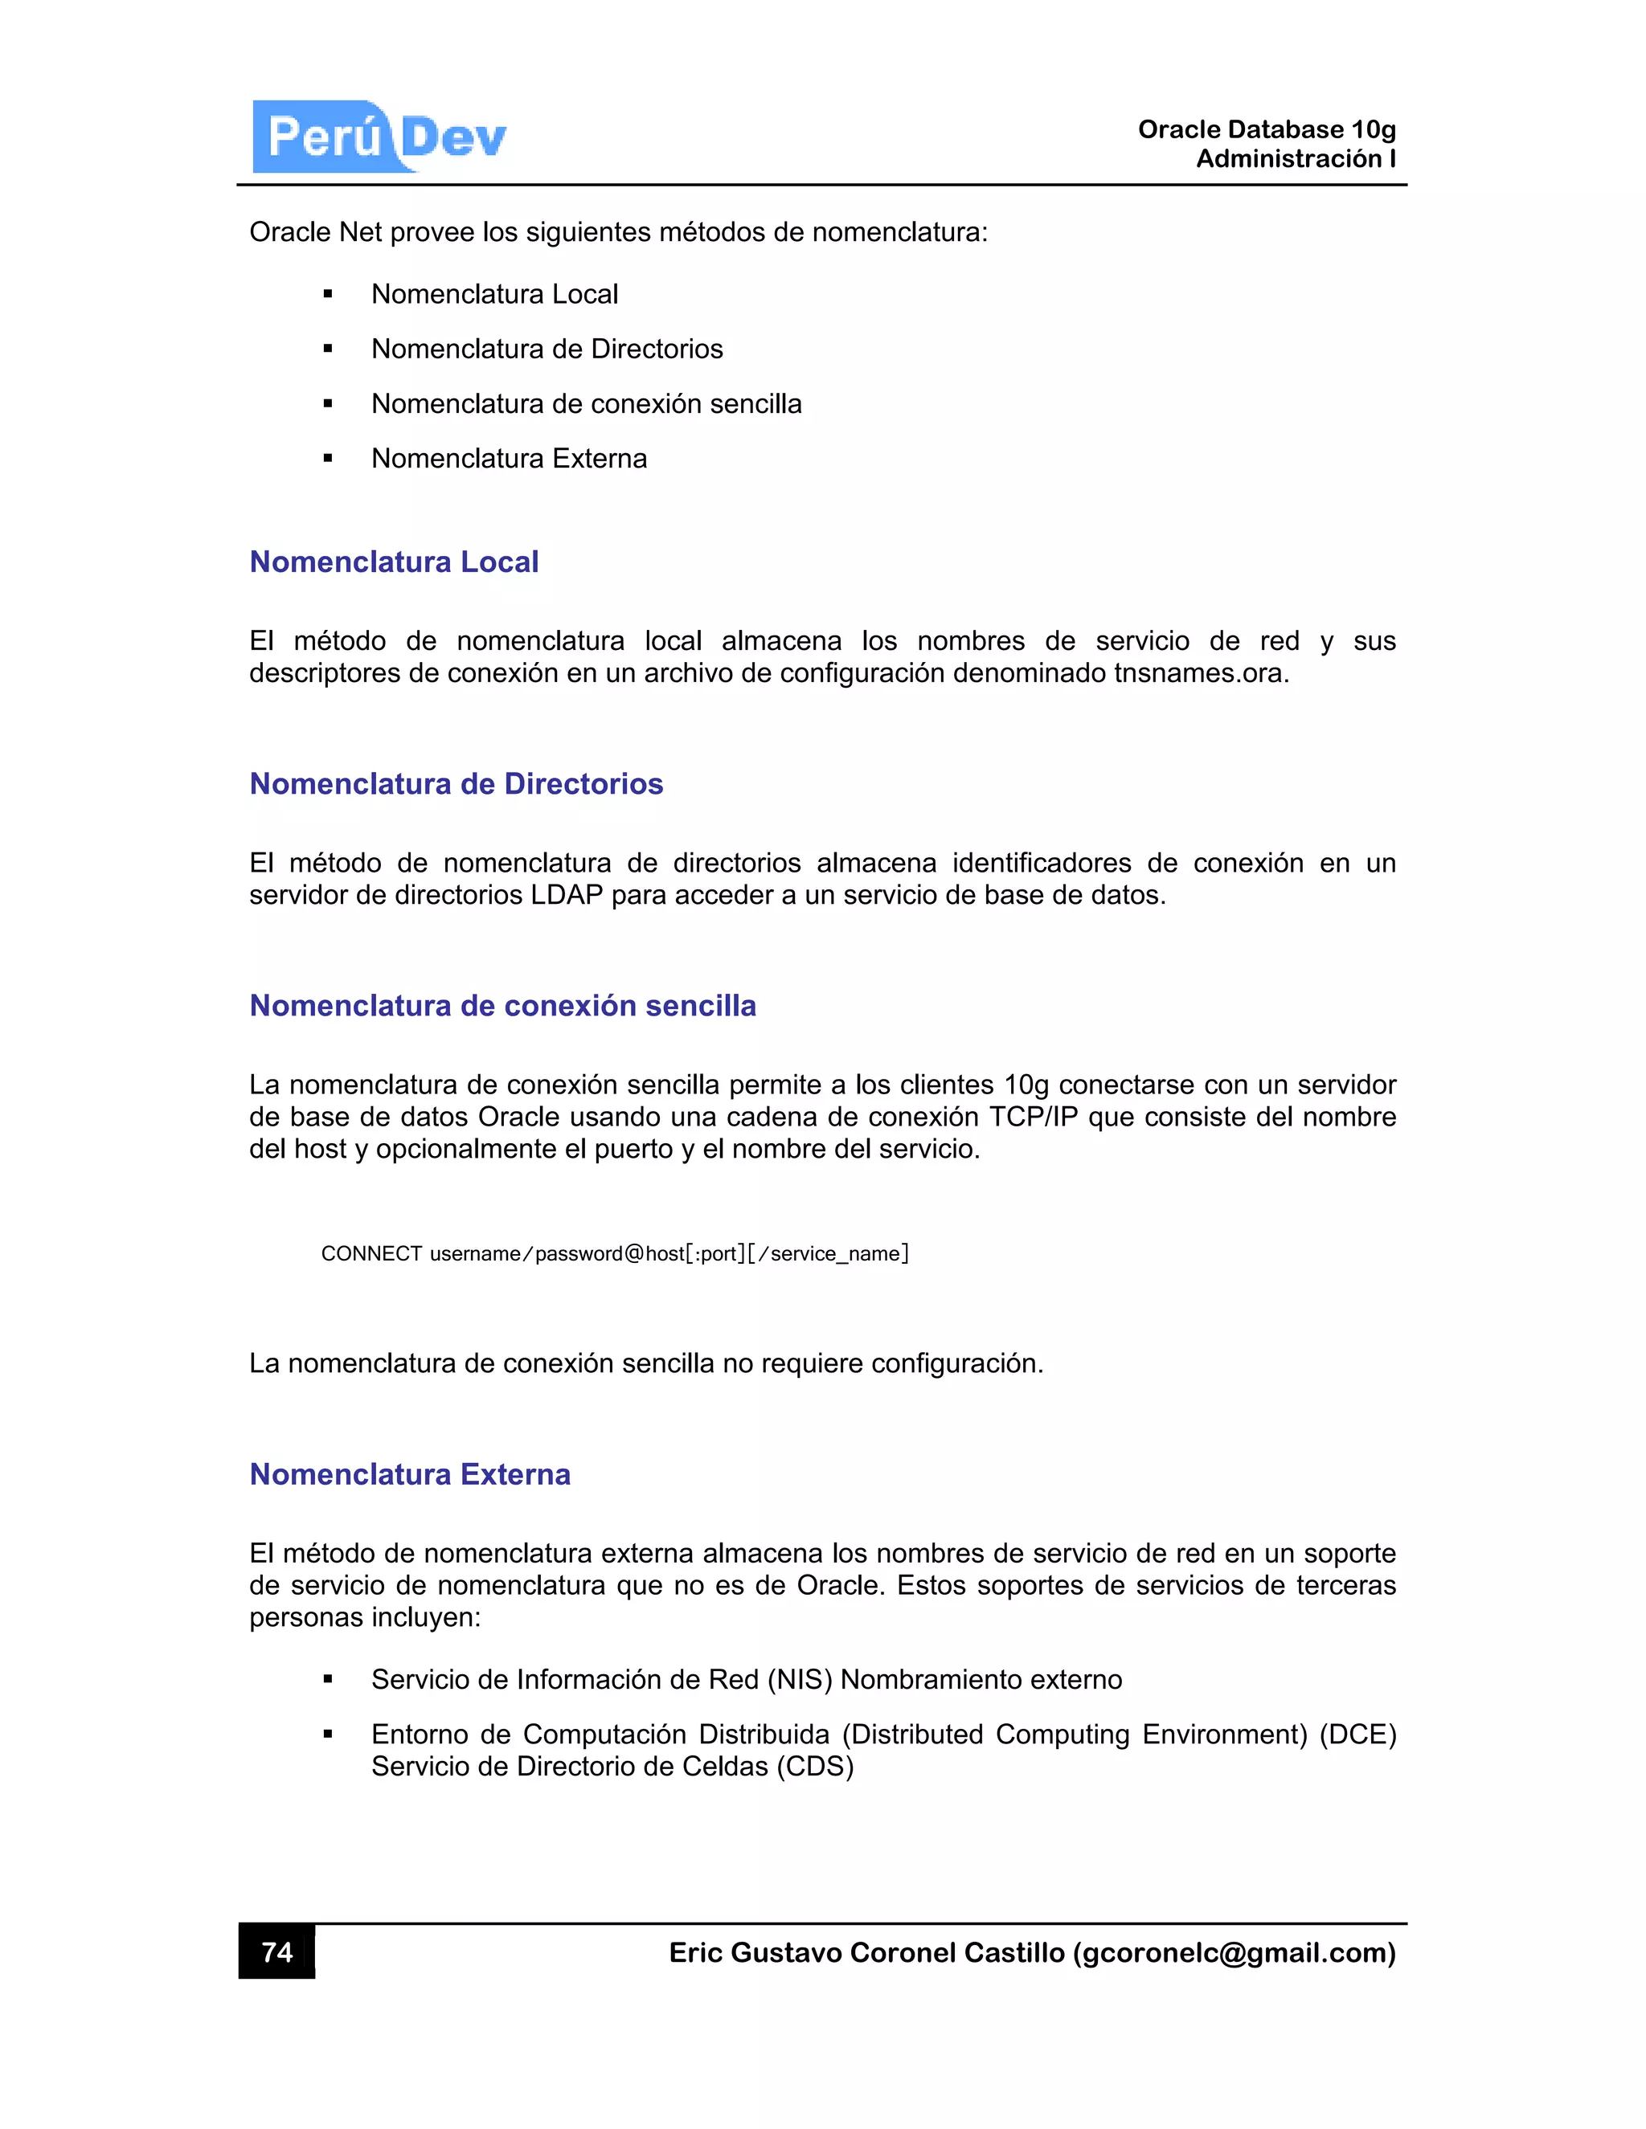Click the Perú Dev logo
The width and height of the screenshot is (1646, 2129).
tap(380, 137)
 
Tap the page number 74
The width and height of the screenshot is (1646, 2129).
tap(277, 1951)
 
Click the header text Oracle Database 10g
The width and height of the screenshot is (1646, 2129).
tap(1266, 129)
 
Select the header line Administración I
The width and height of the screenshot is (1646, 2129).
tap(1295, 159)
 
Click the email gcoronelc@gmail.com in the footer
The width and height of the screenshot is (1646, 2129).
tap(1234, 1952)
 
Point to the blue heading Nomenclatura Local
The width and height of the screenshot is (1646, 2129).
tap(394, 562)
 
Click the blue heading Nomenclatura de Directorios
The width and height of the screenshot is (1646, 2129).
tap(456, 784)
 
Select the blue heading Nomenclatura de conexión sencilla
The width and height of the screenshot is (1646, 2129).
tap(502, 1005)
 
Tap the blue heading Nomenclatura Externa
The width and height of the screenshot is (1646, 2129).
tap(410, 1474)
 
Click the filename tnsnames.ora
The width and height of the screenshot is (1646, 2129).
tap(1201, 673)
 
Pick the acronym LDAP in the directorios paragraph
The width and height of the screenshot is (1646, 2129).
tap(567, 895)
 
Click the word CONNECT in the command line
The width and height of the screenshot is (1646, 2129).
tap(371, 1253)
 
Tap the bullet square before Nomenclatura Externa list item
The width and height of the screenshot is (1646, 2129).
tap(328, 459)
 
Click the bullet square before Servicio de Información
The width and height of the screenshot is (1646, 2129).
tap(328, 1680)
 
